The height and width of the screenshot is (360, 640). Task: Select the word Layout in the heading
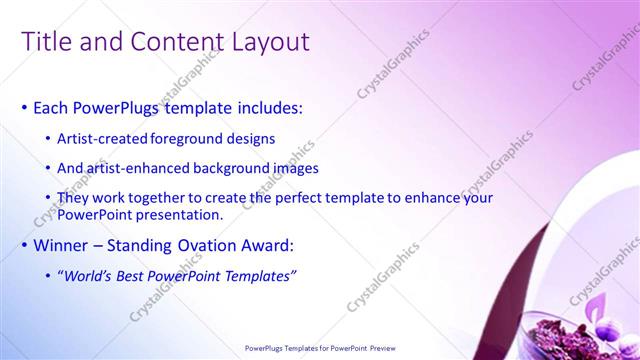coord(267,42)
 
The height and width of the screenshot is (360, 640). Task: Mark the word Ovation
coord(223,244)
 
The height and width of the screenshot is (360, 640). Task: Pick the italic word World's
coord(89,275)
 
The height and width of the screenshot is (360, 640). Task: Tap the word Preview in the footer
coord(379,348)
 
